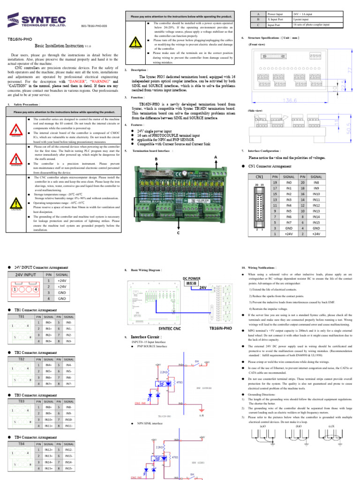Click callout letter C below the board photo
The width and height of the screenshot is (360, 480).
178,232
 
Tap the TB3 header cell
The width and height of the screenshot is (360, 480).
22,401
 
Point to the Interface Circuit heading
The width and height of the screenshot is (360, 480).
149,337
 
